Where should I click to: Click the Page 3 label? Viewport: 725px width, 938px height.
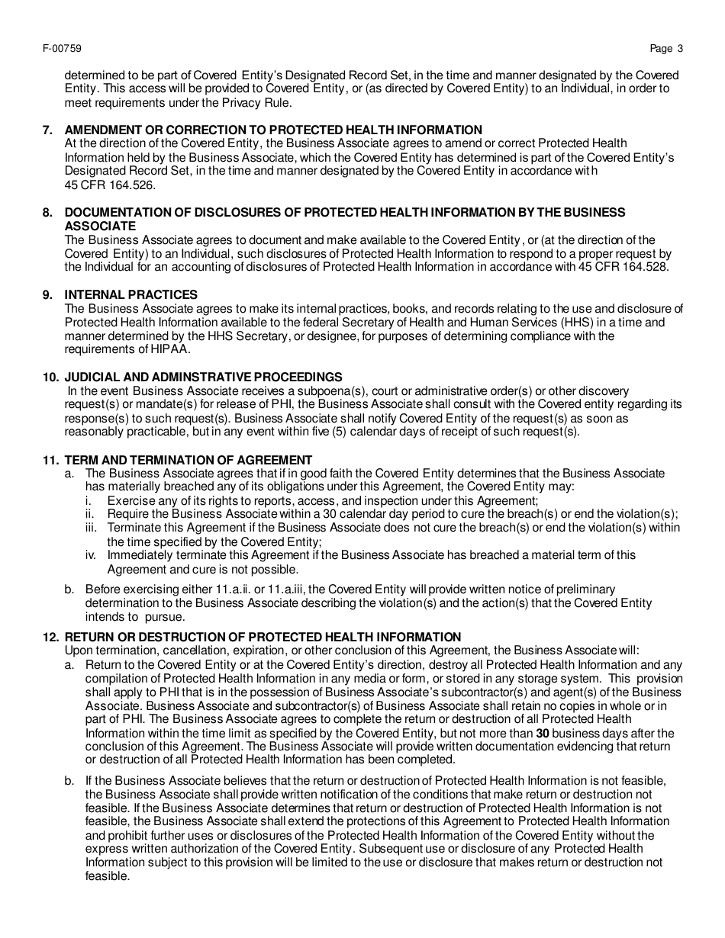click(x=666, y=49)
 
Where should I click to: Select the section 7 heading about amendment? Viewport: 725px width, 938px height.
click(x=273, y=130)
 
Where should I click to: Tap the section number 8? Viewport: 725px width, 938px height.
click(x=47, y=212)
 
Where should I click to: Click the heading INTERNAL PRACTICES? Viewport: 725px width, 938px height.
click(x=130, y=294)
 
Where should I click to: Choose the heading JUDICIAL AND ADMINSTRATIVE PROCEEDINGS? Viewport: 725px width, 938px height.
click(x=203, y=377)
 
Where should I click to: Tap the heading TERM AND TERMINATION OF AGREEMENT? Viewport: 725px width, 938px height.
click(x=188, y=460)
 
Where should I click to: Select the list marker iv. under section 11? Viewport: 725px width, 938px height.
click(x=90, y=555)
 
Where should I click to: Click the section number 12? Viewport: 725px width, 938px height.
click(x=50, y=637)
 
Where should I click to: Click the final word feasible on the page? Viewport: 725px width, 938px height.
click(x=108, y=876)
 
